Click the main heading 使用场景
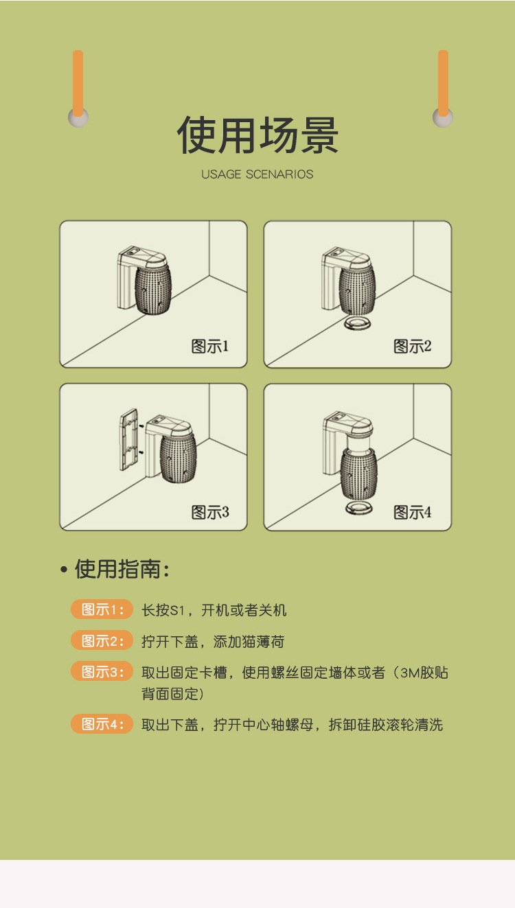pyautogui.click(x=258, y=135)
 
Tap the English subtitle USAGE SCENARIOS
pyautogui.click(x=257, y=174)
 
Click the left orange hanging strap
pyautogui.click(x=78, y=83)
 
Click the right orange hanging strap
pyautogui.click(x=443, y=83)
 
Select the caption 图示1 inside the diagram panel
pyautogui.click(x=210, y=346)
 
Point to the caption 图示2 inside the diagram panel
pyautogui.click(x=413, y=346)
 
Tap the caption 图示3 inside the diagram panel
pyautogui.click(x=210, y=513)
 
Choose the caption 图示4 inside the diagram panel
pyautogui.click(x=413, y=513)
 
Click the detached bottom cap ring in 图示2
pyautogui.click(x=357, y=323)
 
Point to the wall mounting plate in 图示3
pyautogui.click(x=128, y=440)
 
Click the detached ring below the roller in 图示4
pyautogui.click(x=359, y=509)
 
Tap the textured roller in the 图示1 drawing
pyautogui.click(x=153, y=290)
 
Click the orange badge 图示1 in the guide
pyautogui.click(x=102, y=609)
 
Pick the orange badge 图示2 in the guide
pyautogui.click(x=102, y=640)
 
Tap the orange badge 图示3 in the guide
pyautogui.click(x=102, y=671)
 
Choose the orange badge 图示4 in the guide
pyautogui.click(x=102, y=723)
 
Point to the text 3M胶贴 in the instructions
pyautogui.click(x=424, y=673)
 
